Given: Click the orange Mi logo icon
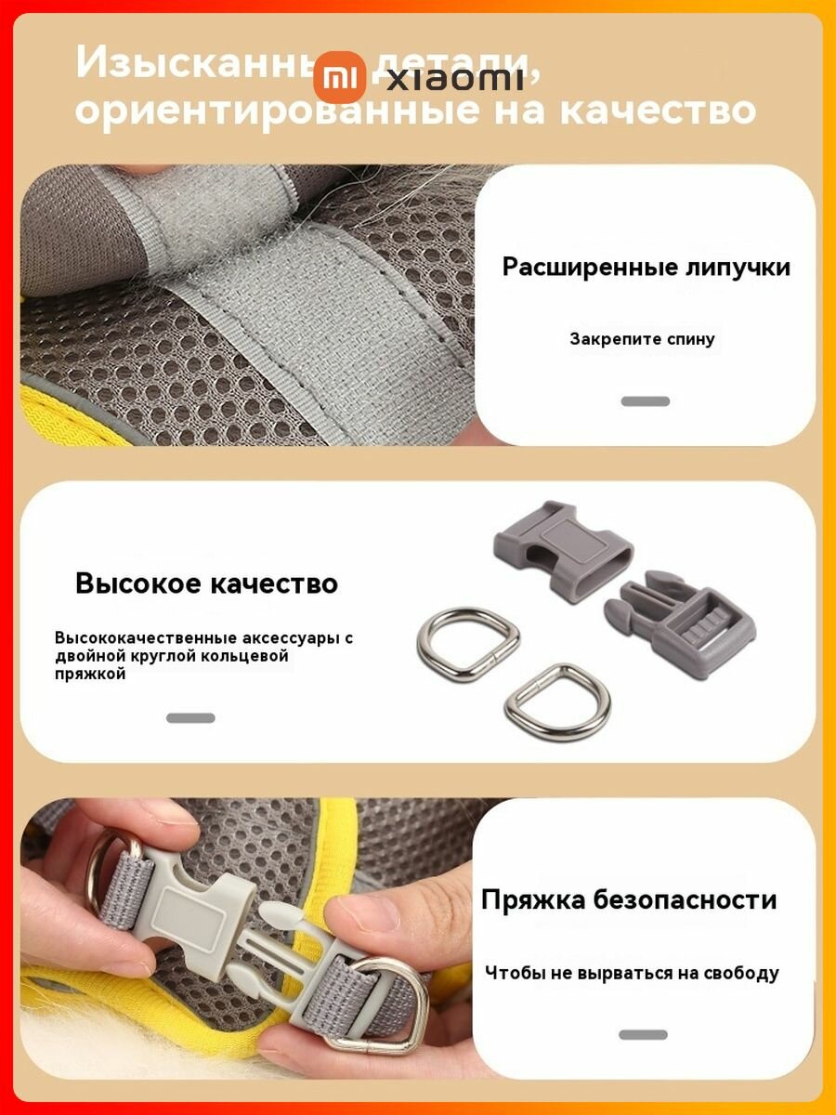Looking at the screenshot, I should (339, 77).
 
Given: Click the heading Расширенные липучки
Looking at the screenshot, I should (646, 267).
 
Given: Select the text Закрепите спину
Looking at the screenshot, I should (642, 339).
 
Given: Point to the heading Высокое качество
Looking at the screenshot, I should (206, 584).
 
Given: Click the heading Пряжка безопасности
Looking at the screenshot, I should (629, 899).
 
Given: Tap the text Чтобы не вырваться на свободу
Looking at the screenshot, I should (632, 973).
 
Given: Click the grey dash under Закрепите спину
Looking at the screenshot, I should (645, 401).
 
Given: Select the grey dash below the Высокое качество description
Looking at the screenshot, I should (190, 718).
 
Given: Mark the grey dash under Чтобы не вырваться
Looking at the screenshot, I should (643, 1034).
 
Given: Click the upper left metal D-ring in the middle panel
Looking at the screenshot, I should (467, 642).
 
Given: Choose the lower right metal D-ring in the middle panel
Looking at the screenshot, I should (556, 702).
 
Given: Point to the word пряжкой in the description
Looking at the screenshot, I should (89, 675).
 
